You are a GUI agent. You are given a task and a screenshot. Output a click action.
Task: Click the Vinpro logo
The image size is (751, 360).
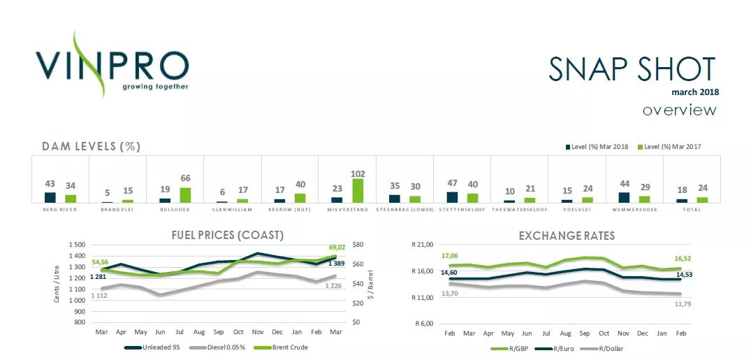112,64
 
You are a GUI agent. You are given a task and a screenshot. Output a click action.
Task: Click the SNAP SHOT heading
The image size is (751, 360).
632,69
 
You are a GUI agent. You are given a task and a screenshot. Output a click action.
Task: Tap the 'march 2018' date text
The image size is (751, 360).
694,92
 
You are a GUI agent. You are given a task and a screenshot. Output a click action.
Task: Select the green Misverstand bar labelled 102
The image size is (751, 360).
358,190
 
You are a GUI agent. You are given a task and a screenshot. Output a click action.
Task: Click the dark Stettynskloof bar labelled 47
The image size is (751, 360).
452,197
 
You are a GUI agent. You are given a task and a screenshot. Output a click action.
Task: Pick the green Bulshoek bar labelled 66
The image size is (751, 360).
185,195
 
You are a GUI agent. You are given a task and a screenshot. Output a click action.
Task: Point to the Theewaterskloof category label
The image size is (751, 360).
518,209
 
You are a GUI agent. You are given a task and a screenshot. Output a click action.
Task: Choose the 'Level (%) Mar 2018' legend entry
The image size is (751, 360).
597,147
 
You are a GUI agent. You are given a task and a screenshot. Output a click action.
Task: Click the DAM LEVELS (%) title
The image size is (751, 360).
92,146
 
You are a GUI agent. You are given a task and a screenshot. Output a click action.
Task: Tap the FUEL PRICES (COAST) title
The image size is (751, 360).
227,235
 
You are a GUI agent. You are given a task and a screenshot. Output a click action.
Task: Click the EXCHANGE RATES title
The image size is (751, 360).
567,236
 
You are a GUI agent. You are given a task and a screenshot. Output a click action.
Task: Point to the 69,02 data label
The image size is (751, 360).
336,247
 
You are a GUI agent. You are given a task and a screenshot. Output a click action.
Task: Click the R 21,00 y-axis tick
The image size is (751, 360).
423,245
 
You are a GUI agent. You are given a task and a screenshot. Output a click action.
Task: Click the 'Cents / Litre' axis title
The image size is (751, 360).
56,283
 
